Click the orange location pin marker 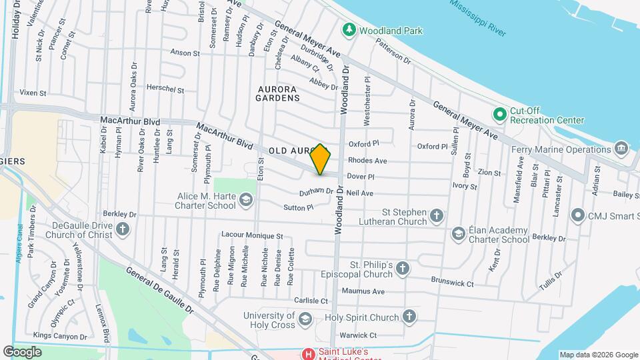coord(321,159)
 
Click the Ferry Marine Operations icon coord(621,147)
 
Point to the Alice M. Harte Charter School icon coord(246,199)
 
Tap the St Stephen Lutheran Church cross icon coord(436,215)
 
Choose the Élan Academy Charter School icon coord(458,233)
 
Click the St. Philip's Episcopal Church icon coord(402,269)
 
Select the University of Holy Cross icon coord(305,318)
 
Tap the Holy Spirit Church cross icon coord(409,317)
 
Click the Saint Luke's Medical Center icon coord(308,353)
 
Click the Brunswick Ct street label coord(452,282)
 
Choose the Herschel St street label coord(165,89)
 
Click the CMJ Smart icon coord(577,215)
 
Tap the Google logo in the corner coord(22,351)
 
